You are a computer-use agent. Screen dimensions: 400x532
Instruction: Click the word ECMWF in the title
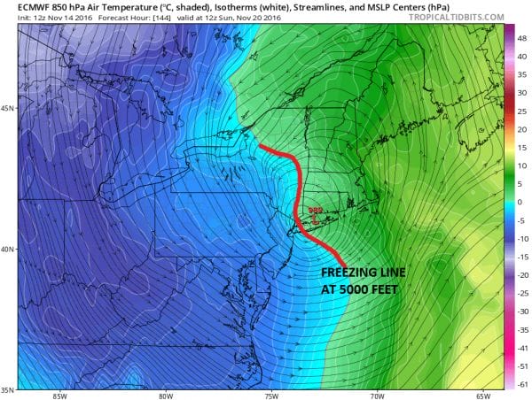(x=20, y=7)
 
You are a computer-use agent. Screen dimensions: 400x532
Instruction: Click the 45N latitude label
(x=7, y=109)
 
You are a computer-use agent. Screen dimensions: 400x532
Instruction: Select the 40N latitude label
(x=7, y=249)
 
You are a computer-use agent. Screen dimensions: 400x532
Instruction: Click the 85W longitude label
(x=59, y=395)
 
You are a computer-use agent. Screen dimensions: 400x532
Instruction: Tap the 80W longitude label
(x=165, y=395)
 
